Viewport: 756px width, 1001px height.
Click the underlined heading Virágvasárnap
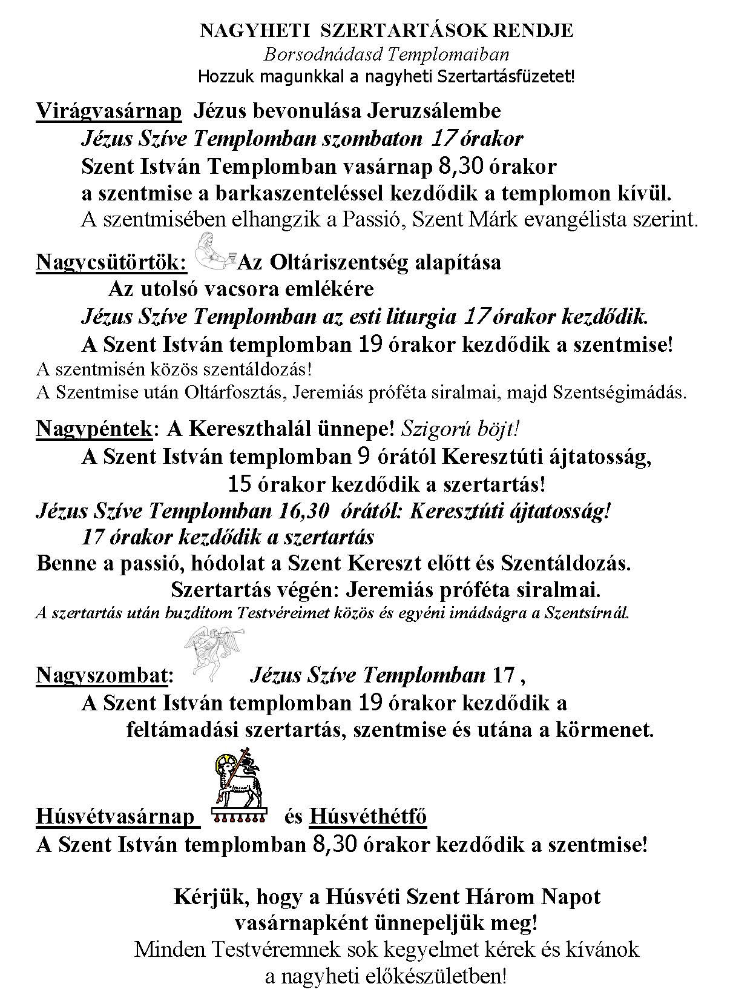[109, 111]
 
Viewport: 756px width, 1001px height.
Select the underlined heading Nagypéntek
[94, 429]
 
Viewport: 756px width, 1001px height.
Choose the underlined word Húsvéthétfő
[367, 816]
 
